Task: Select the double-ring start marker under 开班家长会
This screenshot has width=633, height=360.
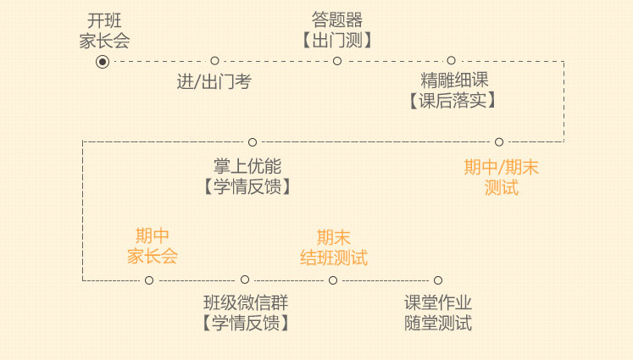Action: point(103,61)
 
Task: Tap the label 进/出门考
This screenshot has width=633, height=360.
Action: point(214,82)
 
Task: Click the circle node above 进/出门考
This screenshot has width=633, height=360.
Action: point(214,61)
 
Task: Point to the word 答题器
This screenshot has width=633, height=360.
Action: point(336,20)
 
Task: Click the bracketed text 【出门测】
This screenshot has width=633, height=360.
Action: point(336,40)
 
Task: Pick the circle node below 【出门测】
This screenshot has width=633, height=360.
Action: point(337,61)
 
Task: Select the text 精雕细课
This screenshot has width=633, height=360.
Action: point(454,81)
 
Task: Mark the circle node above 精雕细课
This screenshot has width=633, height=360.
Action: point(451,61)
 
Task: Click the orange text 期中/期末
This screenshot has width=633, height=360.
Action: point(501,168)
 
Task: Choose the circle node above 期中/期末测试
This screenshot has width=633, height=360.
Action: point(499,141)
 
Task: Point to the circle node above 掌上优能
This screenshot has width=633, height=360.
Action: point(253,141)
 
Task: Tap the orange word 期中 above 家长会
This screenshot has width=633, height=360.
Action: point(153,235)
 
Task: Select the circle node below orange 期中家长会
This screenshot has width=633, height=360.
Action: point(149,280)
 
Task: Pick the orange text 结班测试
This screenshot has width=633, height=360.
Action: point(334,258)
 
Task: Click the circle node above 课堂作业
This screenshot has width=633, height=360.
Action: point(438,280)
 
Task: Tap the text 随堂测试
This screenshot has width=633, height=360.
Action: point(437,323)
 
